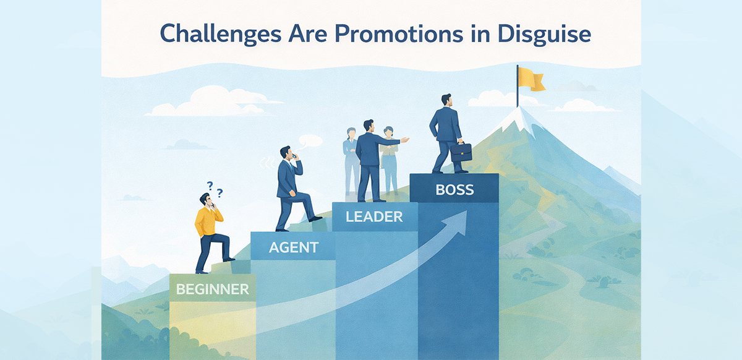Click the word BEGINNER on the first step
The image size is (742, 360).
pos(213,289)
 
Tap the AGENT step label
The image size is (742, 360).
pos(294,248)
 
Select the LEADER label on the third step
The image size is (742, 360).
pos(375,216)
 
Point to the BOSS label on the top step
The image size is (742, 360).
pos(454,189)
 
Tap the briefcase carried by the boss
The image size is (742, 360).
pos(461,152)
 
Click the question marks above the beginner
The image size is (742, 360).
pos(215,187)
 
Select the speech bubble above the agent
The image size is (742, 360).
pos(310,141)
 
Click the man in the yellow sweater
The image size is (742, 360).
pos(208,229)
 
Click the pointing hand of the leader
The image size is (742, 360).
pos(405,140)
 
